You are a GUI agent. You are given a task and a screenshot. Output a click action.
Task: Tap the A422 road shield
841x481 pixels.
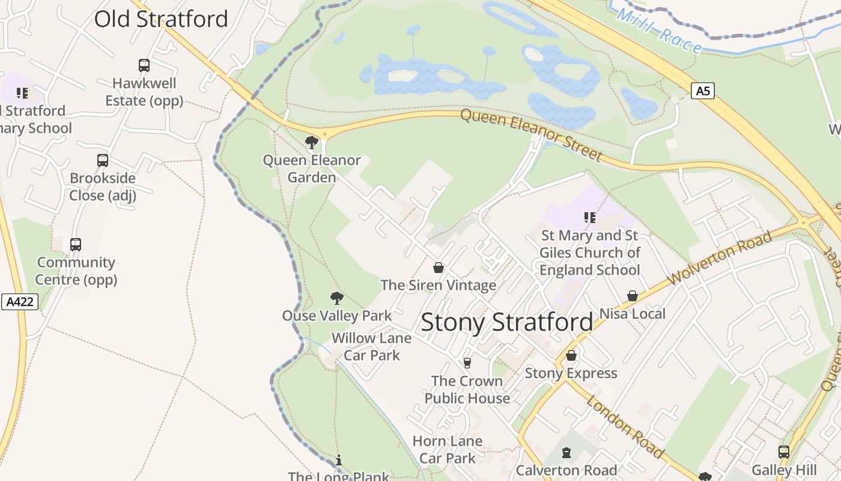pyautogui.click(x=19, y=302)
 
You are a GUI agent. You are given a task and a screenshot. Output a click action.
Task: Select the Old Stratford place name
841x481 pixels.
pyautogui.click(x=161, y=19)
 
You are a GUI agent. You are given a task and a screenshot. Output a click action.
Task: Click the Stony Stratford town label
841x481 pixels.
pyautogui.click(x=506, y=322)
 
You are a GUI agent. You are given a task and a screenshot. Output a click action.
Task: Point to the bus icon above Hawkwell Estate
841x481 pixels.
pyautogui.click(x=144, y=65)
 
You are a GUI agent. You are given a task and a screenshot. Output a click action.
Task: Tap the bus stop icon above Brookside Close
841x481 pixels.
pyautogui.click(x=103, y=161)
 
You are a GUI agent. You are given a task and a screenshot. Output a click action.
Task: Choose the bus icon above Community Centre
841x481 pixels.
pyautogui.click(x=76, y=245)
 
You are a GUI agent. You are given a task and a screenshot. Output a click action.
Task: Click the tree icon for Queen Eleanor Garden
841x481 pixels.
pyautogui.click(x=311, y=142)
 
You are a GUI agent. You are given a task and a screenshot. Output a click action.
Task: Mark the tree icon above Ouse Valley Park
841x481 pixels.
pyautogui.click(x=337, y=298)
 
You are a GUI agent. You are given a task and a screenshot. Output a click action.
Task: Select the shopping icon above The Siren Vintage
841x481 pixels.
pyautogui.click(x=439, y=268)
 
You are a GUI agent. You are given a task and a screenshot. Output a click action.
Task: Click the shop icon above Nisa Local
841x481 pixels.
pyautogui.click(x=632, y=296)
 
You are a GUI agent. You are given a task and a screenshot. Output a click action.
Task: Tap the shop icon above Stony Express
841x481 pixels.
pyautogui.click(x=571, y=356)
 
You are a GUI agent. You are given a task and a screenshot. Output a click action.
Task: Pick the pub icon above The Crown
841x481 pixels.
pyautogui.click(x=467, y=363)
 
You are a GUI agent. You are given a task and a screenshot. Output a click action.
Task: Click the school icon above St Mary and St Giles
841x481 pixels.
pyautogui.click(x=589, y=218)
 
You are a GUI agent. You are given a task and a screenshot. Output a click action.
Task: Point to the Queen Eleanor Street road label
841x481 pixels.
pyautogui.click(x=531, y=135)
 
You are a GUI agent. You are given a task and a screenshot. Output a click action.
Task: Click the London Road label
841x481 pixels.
pyautogui.click(x=625, y=426)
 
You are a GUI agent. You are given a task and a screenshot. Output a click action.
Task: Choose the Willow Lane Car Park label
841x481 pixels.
pyautogui.click(x=371, y=346)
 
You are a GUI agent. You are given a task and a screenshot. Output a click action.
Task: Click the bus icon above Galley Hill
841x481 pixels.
pyautogui.click(x=783, y=452)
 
